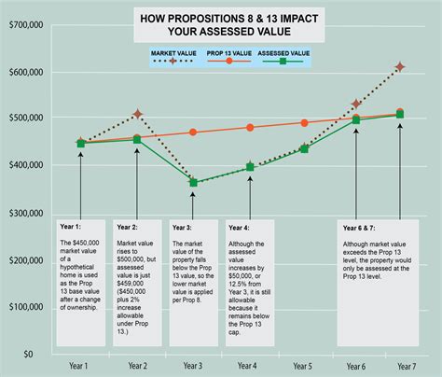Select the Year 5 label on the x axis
303,367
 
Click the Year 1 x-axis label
80,367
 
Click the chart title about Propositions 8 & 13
228,24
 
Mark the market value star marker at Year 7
400,67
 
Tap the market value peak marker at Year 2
137,114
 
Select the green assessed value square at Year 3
193,183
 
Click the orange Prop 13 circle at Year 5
304,122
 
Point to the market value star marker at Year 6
355,105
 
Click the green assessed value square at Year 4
249,168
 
